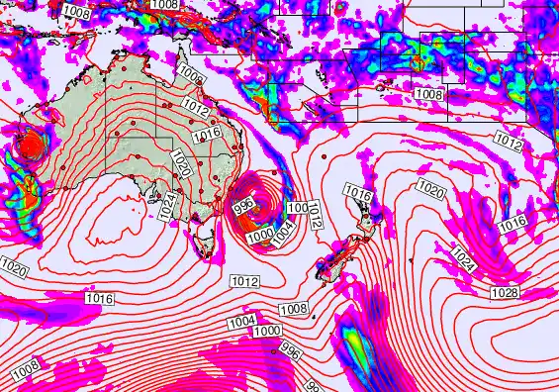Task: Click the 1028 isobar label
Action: (505, 292)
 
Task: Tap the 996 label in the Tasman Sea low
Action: (244, 205)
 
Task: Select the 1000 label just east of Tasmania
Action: (259, 236)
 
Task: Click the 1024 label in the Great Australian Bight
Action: (168, 207)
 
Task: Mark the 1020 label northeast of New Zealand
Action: (430, 187)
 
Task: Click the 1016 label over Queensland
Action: (206, 134)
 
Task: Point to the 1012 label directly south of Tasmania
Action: (244, 282)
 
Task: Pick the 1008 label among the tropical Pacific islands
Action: (428, 94)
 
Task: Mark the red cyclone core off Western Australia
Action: (32, 148)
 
